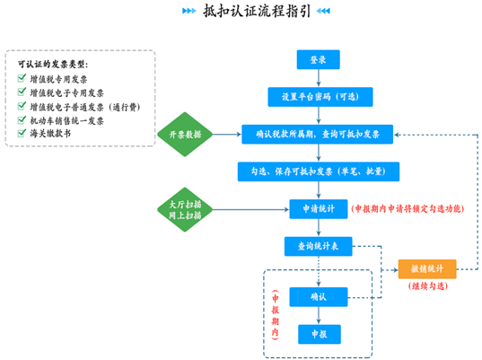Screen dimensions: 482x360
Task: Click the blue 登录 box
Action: (318, 59)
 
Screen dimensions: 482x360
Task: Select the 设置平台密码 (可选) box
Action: (320, 97)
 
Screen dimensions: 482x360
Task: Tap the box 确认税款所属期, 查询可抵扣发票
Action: (317, 135)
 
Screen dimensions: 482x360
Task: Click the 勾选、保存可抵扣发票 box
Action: (319, 171)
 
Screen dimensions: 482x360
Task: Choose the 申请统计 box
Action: (319, 209)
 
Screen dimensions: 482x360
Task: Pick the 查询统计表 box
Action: (318, 246)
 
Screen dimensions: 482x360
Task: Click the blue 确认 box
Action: (319, 297)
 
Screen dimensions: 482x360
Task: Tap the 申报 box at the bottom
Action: (320, 334)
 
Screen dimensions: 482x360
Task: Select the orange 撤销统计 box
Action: (427, 269)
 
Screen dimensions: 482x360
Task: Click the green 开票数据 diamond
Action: (185, 135)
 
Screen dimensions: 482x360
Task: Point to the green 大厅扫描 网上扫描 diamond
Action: (185, 210)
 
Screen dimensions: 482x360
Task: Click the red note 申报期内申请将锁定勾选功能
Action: (408, 209)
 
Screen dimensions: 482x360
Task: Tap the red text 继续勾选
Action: (427, 286)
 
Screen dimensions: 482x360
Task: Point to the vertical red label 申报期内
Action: (276, 315)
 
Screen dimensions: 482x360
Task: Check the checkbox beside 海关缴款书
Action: (22, 133)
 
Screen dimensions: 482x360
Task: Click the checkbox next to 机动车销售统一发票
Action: (22, 119)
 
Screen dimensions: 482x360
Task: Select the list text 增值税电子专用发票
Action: (66, 92)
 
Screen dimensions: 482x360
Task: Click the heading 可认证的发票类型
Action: (53, 65)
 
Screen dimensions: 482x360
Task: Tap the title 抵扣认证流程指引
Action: (257, 11)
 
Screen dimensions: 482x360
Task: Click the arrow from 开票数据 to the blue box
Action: (227, 135)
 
